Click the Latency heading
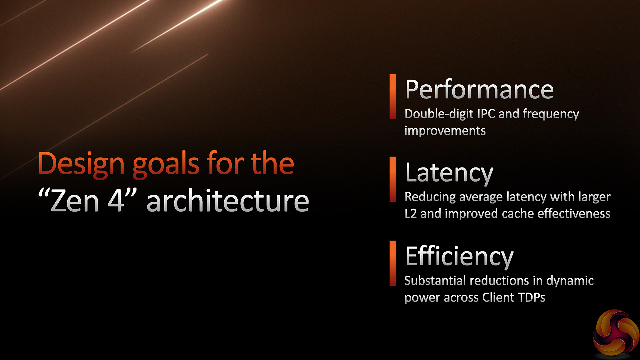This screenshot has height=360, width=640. pyautogui.click(x=449, y=173)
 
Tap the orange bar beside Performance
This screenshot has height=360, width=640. pyautogui.click(x=393, y=97)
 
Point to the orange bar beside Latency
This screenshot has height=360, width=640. pyautogui.click(x=393, y=179)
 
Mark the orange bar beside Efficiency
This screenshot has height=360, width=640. pyautogui.click(x=393, y=263)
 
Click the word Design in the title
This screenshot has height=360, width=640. pyautogui.click(x=81, y=164)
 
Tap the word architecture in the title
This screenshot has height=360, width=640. pyautogui.click(x=228, y=201)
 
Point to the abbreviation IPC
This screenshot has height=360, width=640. pyautogui.click(x=486, y=114)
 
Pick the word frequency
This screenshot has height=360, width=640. pyautogui.click(x=551, y=114)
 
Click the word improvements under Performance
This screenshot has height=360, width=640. pyautogui.click(x=445, y=131)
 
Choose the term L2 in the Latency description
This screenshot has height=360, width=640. pyautogui.click(x=411, y=214)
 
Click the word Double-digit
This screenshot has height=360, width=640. pyautogui.click(x=439, y=114)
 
